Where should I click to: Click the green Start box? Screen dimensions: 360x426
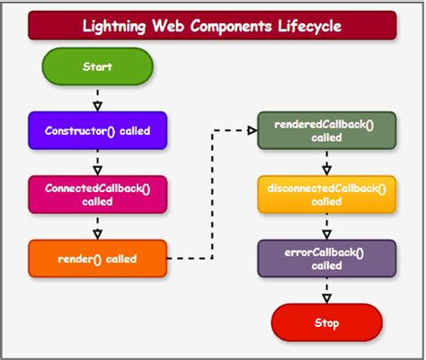(96, 67)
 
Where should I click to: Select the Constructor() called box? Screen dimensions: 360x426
(96, 130)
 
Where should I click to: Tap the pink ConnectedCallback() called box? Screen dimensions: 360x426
(96, 194)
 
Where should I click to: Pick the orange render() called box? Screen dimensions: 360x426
(96, 259)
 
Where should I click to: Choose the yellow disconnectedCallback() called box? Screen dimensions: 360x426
(326, 195)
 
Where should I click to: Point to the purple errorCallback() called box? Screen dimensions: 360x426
(326, 259)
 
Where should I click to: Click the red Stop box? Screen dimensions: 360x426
(326, 321)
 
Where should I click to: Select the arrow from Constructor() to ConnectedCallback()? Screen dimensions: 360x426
(97, 162)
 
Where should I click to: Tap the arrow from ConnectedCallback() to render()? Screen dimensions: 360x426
(97, 226)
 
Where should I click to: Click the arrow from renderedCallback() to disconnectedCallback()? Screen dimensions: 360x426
(327, 163)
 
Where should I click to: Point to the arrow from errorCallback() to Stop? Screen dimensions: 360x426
(327, 291)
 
